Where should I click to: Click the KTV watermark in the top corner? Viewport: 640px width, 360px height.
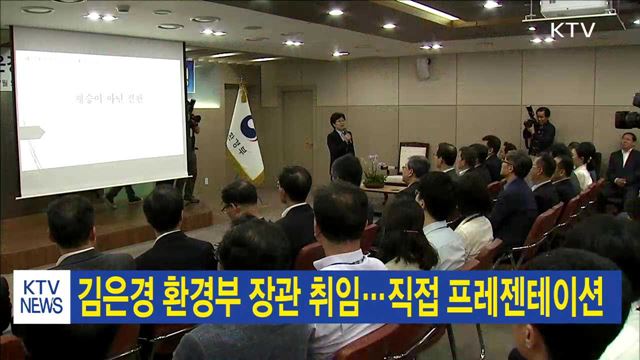point(573,30)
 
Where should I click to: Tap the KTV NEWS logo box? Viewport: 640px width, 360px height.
point(41,296)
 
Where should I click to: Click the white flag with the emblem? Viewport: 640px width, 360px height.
point(244,135)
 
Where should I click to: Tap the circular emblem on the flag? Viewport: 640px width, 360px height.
point(247,129)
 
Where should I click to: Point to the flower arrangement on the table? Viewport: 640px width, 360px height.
point(374,170)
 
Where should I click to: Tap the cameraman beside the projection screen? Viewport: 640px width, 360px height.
point(191,140)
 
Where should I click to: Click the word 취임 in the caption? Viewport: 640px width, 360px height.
point(342,297)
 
